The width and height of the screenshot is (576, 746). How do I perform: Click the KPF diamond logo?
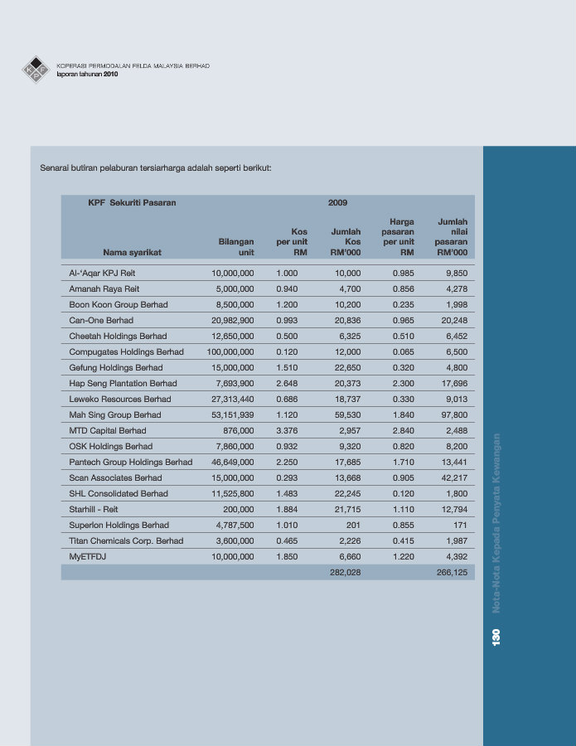coord(36,70)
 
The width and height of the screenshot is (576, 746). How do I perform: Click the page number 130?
coord(496,637)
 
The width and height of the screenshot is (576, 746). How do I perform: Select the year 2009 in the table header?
coord(337,203)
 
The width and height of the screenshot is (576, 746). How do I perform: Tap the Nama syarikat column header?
coord(133,252)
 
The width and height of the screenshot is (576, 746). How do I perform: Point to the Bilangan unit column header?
coord(236,247)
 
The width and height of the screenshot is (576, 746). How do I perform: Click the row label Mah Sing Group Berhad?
coord(115,415)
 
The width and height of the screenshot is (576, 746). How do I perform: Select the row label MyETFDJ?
coord(88,557)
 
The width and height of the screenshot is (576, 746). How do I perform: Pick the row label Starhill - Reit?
coord(93,510)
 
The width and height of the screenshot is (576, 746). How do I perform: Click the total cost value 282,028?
coord(346,572)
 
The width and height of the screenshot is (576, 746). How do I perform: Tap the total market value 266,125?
coord(452,572)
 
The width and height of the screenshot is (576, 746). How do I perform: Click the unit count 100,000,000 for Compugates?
coord(230,352)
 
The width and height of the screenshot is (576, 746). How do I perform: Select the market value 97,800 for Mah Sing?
coord(454,415)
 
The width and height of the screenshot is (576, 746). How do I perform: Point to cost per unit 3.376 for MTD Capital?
coord(287,430)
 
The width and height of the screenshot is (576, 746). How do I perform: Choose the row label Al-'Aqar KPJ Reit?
coord(102,273)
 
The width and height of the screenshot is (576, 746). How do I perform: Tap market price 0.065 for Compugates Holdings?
coord(404,352)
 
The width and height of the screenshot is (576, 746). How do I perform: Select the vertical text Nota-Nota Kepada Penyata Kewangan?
coord(496,523)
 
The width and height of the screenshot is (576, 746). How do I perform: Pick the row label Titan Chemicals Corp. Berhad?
coord(126,541)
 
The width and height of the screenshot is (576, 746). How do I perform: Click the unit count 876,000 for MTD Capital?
coord(239,430)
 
